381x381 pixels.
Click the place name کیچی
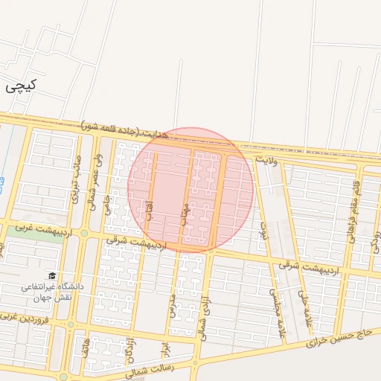tap(21, 86)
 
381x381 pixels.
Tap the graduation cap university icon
tap(52, 275)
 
